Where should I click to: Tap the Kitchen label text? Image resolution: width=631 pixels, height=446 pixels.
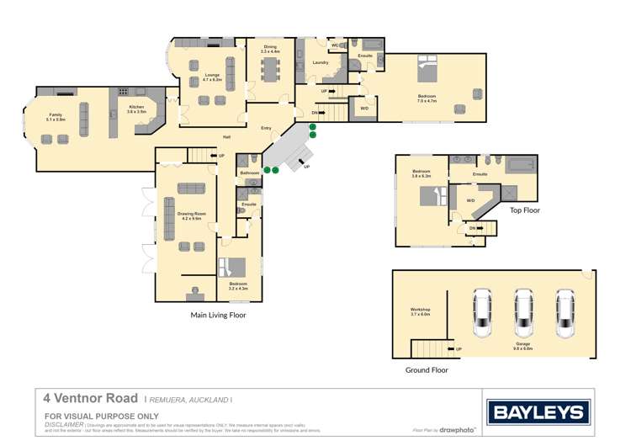coord(135,107)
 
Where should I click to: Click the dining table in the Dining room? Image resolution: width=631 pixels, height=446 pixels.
coord(269,67)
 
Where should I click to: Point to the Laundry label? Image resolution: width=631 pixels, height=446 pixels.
coord(320,62)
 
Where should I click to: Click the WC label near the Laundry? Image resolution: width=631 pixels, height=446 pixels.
coord(335,45)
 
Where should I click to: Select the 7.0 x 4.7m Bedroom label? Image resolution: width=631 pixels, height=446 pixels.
coord(427,98)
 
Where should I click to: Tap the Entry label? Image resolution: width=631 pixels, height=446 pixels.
coord(266,128)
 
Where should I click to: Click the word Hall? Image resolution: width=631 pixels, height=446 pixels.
coord(226,136)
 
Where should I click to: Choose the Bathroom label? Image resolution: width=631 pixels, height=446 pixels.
coord(250,173)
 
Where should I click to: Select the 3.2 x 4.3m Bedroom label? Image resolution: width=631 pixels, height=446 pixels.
coord(238,285)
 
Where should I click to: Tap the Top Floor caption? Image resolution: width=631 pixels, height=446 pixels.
coord(524,210)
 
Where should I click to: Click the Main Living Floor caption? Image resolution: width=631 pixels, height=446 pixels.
coord(217,315)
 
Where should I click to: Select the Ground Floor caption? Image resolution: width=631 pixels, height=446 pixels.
coord(427,369)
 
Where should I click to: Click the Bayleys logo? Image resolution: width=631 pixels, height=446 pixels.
coord(538,412)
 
